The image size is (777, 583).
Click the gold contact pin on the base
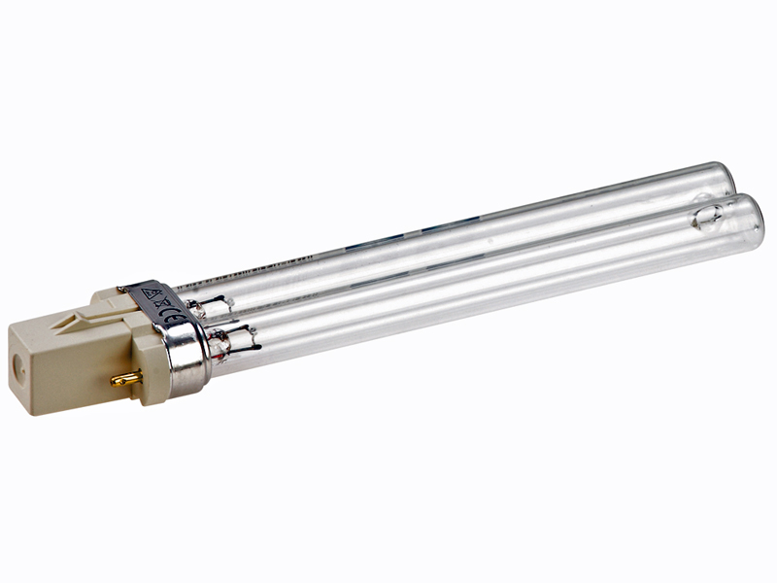[126, 378]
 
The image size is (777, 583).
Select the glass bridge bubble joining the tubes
[707, 219]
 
